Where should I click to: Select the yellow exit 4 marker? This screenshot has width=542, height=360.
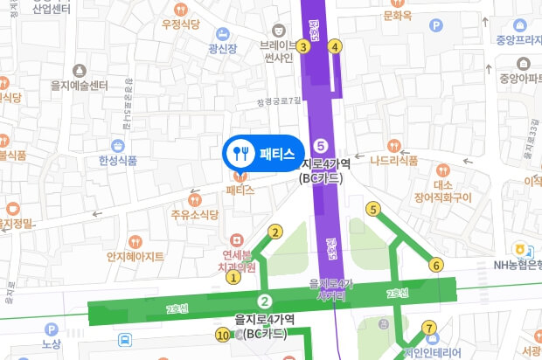pos(335,46)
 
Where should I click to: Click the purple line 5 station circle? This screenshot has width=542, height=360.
pos(321,145)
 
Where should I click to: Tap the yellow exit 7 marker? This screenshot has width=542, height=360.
pos(428,329)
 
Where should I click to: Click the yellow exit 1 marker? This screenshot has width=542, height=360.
pos(233,278)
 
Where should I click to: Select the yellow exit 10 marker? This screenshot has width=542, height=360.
pos(222,335)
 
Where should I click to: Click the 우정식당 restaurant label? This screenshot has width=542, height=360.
pos(182,24)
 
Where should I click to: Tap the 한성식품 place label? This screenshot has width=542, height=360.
pos(118,160)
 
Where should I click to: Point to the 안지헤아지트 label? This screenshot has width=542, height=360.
pos(135,256)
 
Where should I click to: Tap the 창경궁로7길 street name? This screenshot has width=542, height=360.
pos(279,101)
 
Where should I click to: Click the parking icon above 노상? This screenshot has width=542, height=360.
pos(51,329)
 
